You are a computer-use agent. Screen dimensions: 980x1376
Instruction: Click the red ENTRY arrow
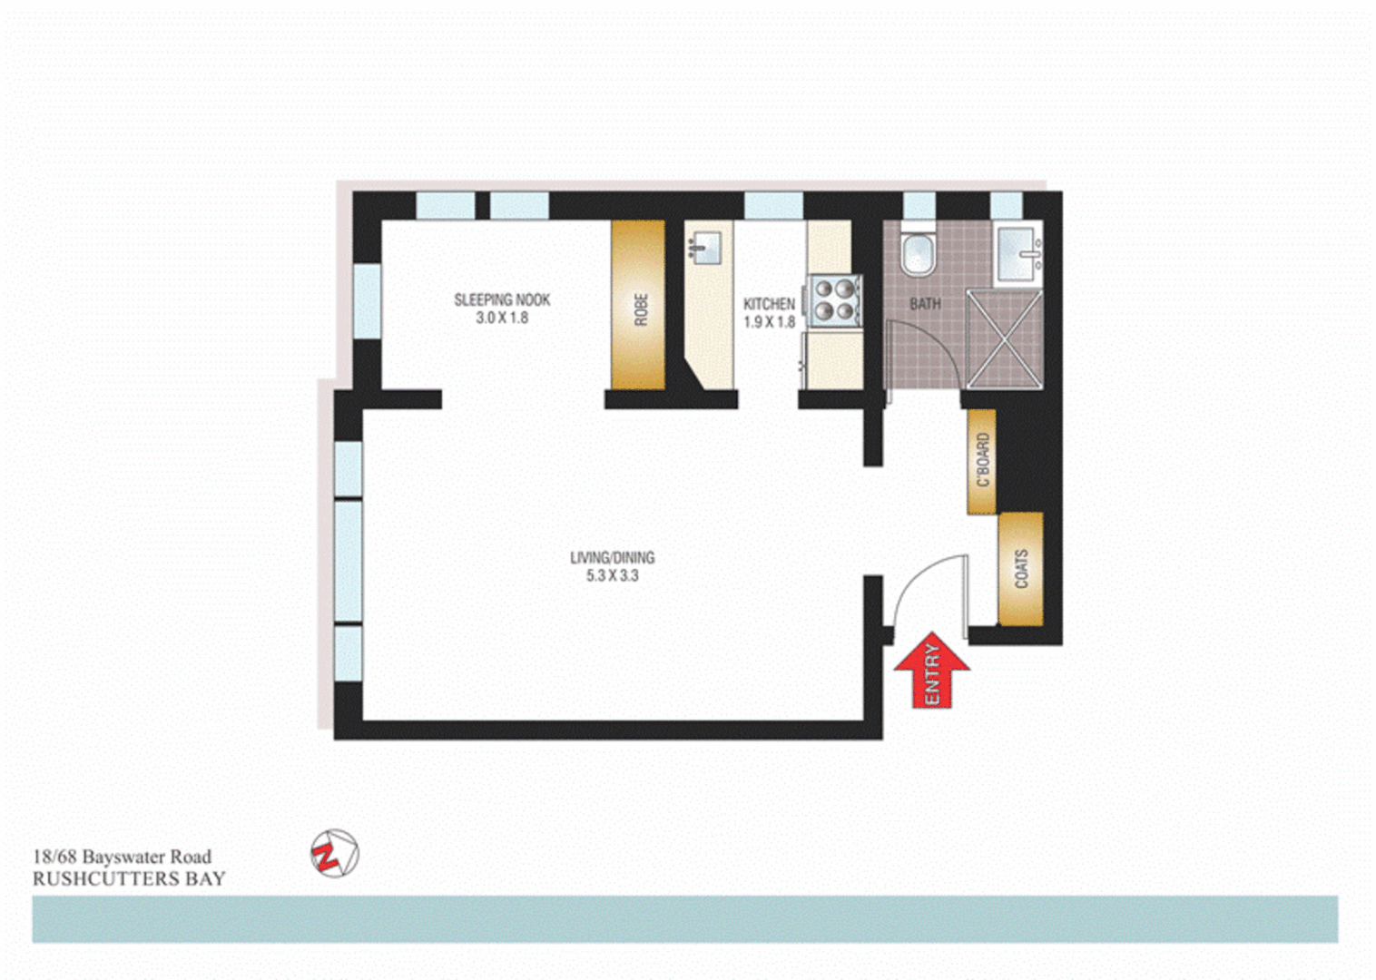(932, 671)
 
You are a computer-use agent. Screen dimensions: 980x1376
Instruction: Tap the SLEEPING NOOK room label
(502, 299)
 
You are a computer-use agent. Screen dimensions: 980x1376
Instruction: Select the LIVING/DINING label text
(612, 557)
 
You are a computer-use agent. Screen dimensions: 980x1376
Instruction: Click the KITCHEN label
(769, 304)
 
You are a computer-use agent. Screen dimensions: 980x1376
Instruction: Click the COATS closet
(1020, 569)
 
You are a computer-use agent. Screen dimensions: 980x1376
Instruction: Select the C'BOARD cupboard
(982, 461)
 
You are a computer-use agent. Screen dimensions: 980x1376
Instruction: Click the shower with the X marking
(1005, 338)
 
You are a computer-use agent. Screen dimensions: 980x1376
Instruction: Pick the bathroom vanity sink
(1019, 253)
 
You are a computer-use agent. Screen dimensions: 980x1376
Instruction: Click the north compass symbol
(334, 854)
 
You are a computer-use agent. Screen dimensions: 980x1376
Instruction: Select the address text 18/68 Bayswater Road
(122, 857)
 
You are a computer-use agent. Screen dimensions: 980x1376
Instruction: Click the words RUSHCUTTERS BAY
(129, 878)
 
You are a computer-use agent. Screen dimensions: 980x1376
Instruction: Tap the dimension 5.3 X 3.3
(612, 575)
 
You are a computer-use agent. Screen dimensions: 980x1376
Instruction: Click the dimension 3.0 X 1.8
(502, 318)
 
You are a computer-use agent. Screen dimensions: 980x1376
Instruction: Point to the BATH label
(925, 304)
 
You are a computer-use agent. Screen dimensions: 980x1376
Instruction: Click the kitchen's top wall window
(773, 206)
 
